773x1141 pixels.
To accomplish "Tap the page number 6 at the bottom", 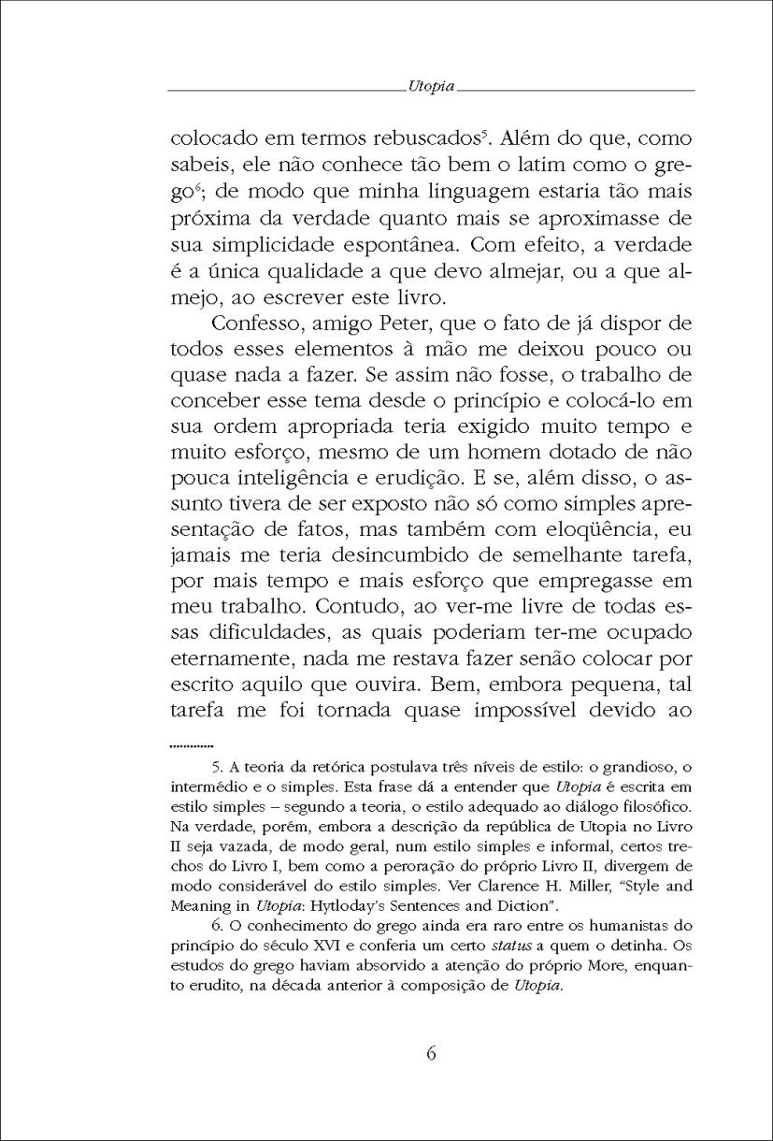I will (x=431, y=1051).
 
